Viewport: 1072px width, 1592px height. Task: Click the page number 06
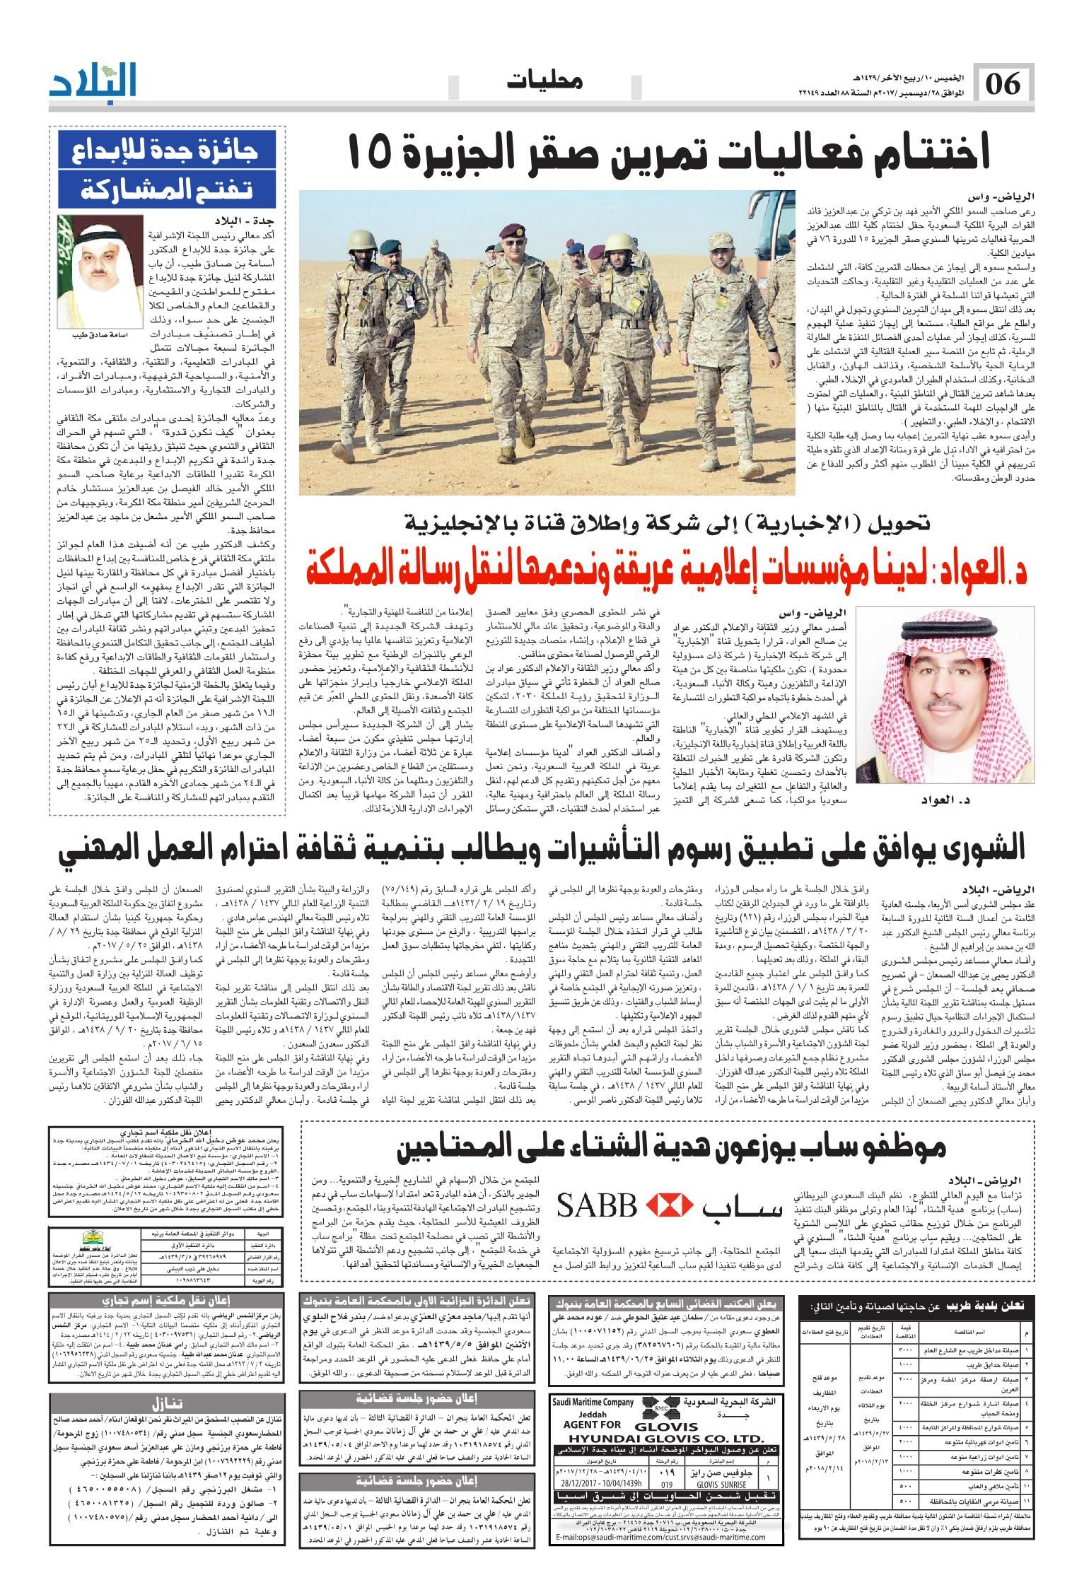(1003, 86)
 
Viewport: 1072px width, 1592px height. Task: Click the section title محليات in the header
(544, 82)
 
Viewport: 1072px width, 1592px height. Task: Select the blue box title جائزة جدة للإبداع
(168, 152)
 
